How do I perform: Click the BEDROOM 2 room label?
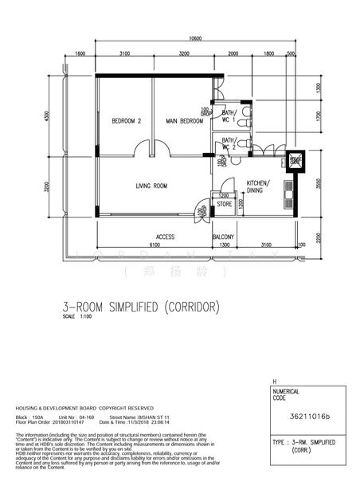pyautogui.click(x=127, y=121)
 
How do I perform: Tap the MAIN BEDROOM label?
pyautogui.click(x=184, y=121)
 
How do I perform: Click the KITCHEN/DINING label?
pyautogui.click(x=258, y=186)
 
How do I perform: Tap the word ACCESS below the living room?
pyautogui.click(x=165, y=237)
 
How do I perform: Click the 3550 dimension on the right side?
pyautogui.click(x=317, y=182)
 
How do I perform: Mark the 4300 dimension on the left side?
pyautogui.click(x=48, y=116)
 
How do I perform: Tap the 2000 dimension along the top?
pyautogui.click(x=233, y=53)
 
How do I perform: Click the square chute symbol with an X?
pyautogui.click(x=295, y=159)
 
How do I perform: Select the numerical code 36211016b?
pyautogui.click(x=309, y=415)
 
